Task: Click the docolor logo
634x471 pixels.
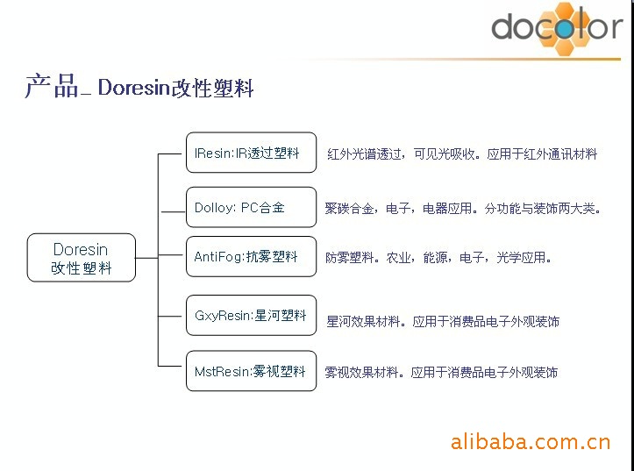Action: pyautogui.click(x=557, y=27)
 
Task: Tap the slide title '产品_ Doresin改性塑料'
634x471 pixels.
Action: pyautogui.click(x=139, y=87)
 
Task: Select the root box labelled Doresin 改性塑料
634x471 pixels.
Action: pyautogui.click(x=82, y=258)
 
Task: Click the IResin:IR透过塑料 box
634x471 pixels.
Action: pyautogui.click(x=251, y=153)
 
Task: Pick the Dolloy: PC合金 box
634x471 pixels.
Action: pyautogui.click(x=251, y=207)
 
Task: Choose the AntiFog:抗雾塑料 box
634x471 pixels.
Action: pyautogui.click(x=251, y=256)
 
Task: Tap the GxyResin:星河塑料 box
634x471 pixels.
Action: pyautogui.click(x=251, y=316)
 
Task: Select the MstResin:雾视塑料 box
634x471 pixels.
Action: pyautogui.click(x=251, y=371)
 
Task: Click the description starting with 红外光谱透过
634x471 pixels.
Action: pyautogui.click(x=462, y=153)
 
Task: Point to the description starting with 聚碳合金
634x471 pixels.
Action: pyautogui.click(x=463, y=208)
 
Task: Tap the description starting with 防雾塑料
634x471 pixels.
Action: pyautogui.click(x=438, y=257)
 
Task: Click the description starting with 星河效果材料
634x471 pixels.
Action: pyautogui.click(x=443, y=321)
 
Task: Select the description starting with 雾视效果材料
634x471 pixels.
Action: pyautogui.click(x=442, y=372)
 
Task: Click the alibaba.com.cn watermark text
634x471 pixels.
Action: pyautogui.click(x=530, y=442)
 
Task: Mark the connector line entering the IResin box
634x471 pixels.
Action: pyautogui.click(x=170, y=153)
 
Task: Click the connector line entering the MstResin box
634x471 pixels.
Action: pyautogui.click(x=170, y=367)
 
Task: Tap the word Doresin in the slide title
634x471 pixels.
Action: pyautogui.click(x=133, y=87)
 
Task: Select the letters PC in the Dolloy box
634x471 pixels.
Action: pyautogui.click(x=249, y=207)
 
